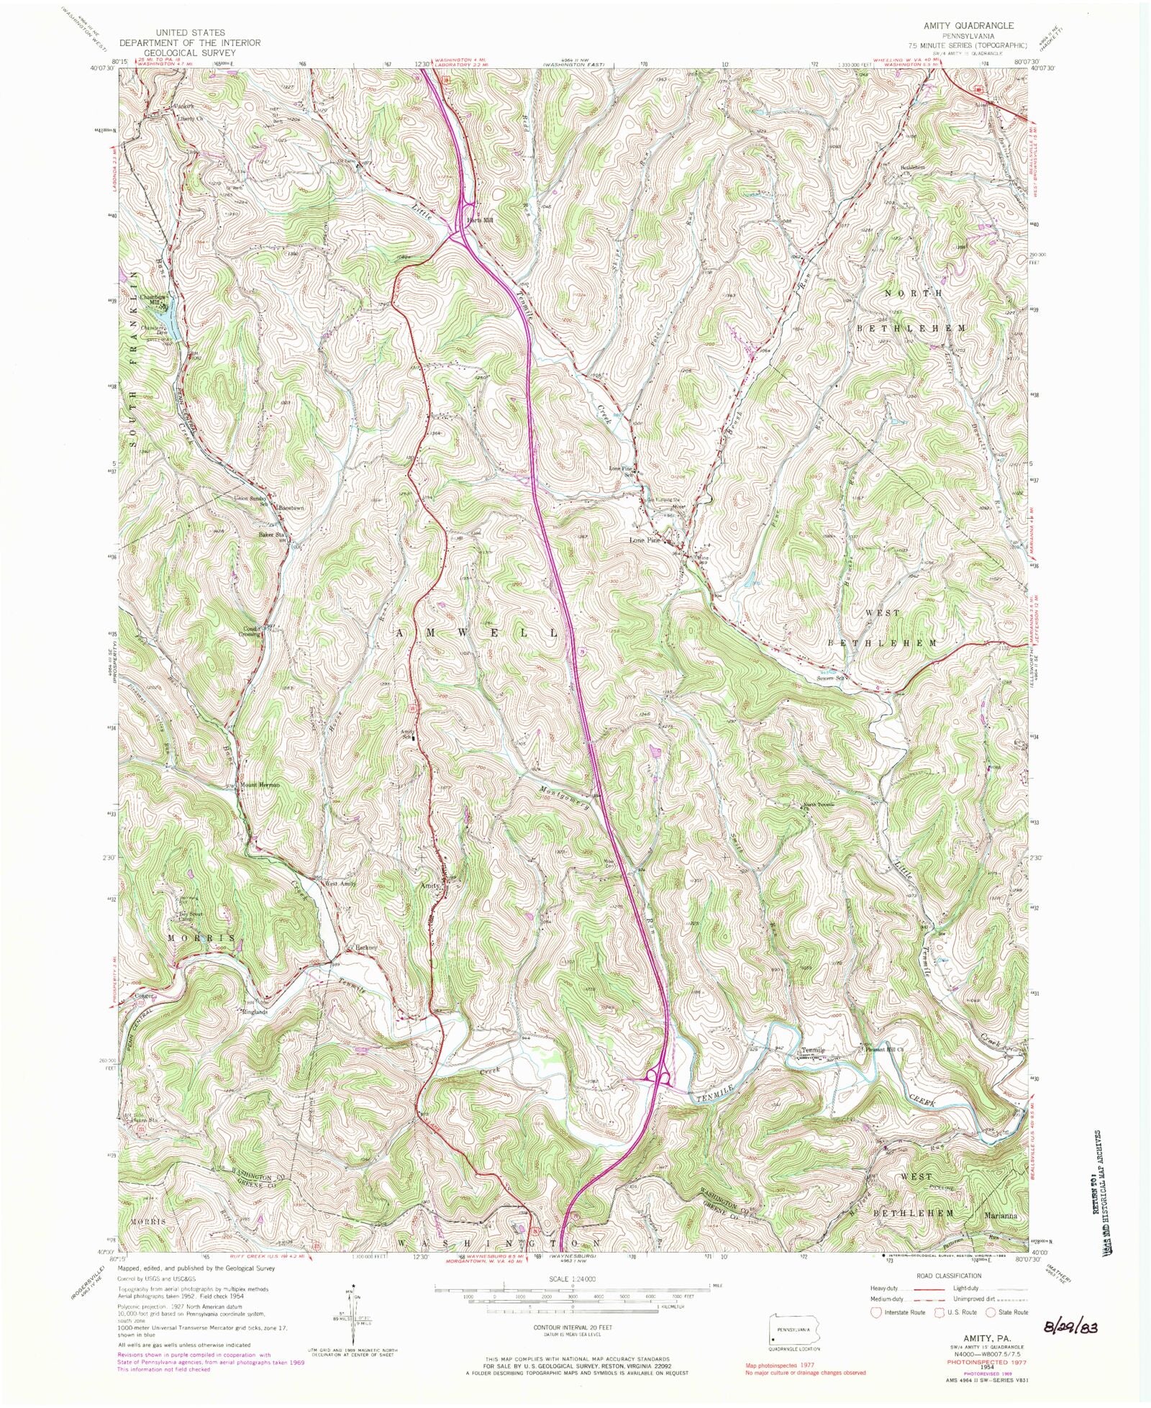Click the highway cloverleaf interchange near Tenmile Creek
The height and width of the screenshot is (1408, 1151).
(x=660, y=1076)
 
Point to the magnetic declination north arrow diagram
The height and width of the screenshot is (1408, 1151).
(x=354, y=1312)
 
